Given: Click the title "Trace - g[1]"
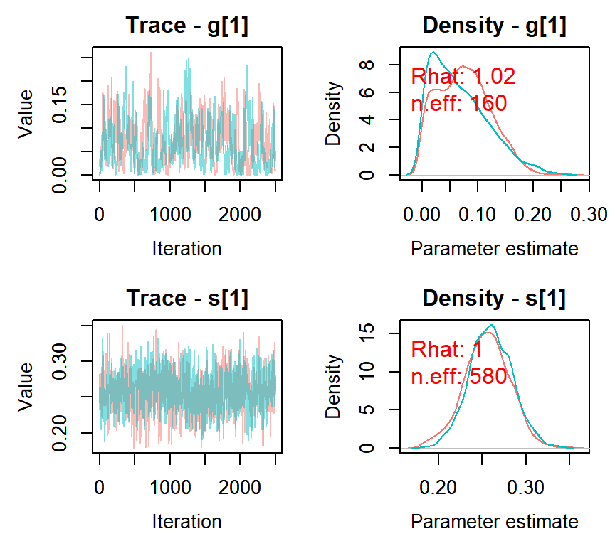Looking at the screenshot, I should (x=187, y=26).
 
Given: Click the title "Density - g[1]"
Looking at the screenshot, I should (x=495, y=26).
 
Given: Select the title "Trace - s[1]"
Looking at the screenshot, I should (x=187, y=299).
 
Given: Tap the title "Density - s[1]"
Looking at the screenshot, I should (x=495, y=299).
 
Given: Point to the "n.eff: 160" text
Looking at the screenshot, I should (x=458, y=104).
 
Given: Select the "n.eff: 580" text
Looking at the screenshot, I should (x=458, y=376).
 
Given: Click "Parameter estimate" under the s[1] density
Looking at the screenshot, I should (x=495, y=522).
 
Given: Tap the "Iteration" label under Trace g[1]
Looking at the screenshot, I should (x=187, y=249).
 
